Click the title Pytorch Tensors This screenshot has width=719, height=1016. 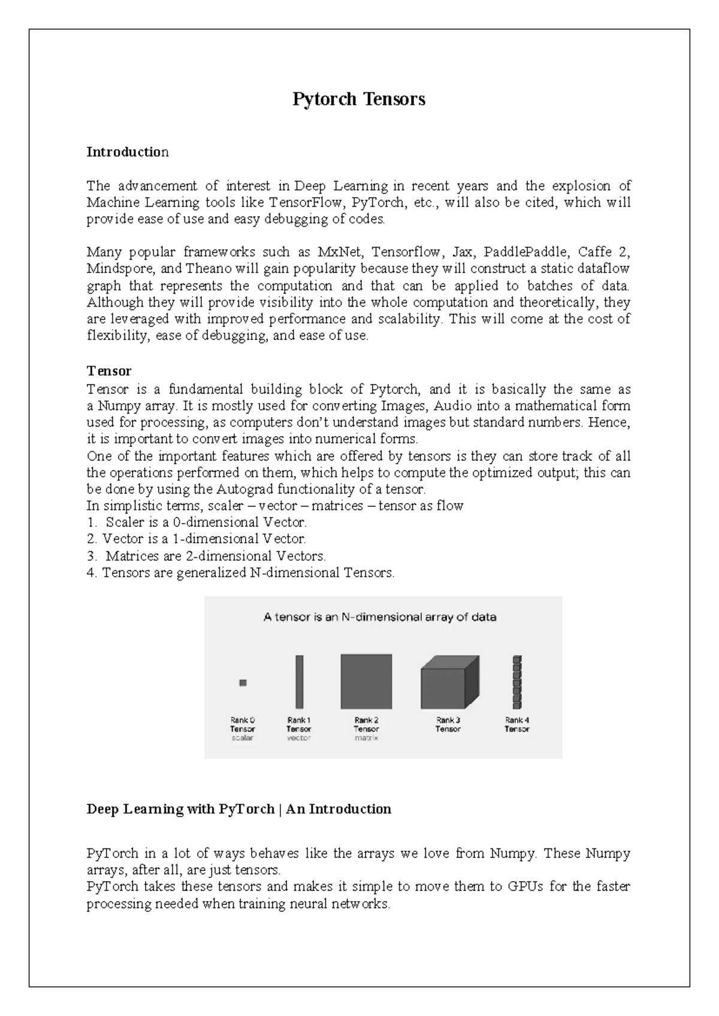click(x=358, y=99)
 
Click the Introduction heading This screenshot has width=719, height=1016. click(x=128, y=152)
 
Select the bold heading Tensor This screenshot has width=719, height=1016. click(x=108, y=371)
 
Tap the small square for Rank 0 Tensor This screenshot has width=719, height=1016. click(x=243, y=682)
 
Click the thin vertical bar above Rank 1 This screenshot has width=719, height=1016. click(x=299, y=682)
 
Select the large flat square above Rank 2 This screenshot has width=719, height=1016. click(x=366, y=682)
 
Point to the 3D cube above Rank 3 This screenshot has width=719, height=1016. click(x=449, y=683)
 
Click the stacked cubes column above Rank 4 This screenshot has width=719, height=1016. click(x=517, y=682)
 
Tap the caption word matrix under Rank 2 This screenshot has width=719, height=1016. click(x=366, y=738)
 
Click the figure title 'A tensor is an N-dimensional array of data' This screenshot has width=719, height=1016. click(x=380, y=617)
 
